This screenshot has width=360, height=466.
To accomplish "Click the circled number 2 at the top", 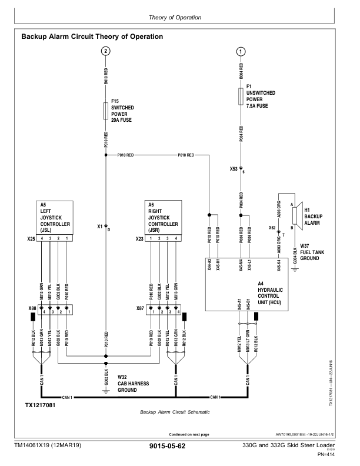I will pos(105,52).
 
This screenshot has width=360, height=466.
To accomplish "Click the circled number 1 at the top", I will pos(241,52).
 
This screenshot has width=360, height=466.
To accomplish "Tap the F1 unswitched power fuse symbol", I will pos(241,96).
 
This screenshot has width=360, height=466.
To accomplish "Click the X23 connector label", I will pos(140,239).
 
